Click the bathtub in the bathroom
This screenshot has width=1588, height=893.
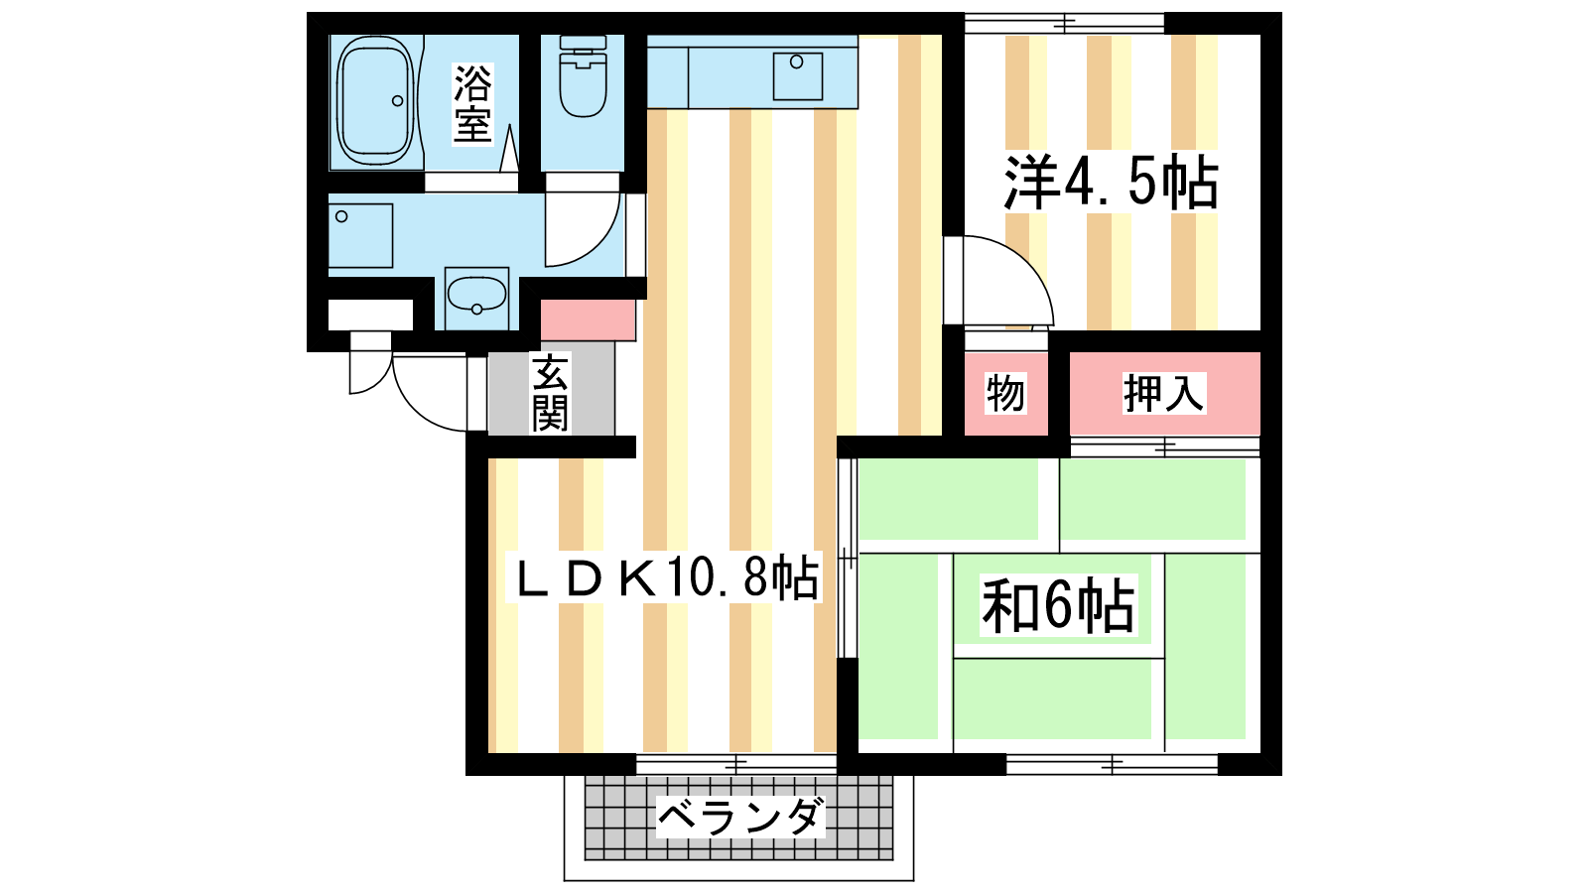[375, 101]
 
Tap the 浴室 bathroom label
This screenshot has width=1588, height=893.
[472, 103]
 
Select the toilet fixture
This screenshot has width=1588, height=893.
[583, 75]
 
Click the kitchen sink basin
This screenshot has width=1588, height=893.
[798, 75]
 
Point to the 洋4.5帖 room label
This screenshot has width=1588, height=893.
[1112, 183]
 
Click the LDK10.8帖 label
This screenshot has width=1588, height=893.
[665, 577]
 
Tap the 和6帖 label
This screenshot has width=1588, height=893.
[1058, 606]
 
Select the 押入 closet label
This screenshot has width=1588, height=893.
[1163, 393]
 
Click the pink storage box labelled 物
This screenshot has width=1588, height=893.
[1006, 393]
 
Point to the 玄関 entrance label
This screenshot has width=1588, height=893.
[550, 394]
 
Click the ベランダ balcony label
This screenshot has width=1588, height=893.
[740, 818]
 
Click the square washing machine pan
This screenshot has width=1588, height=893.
[361, 236]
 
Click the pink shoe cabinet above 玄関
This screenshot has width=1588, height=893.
[588, 319]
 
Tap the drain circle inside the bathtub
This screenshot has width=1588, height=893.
[398, 100]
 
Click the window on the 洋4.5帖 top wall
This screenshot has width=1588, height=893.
[1064, 24]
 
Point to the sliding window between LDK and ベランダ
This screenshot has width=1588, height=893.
[736, 764]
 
